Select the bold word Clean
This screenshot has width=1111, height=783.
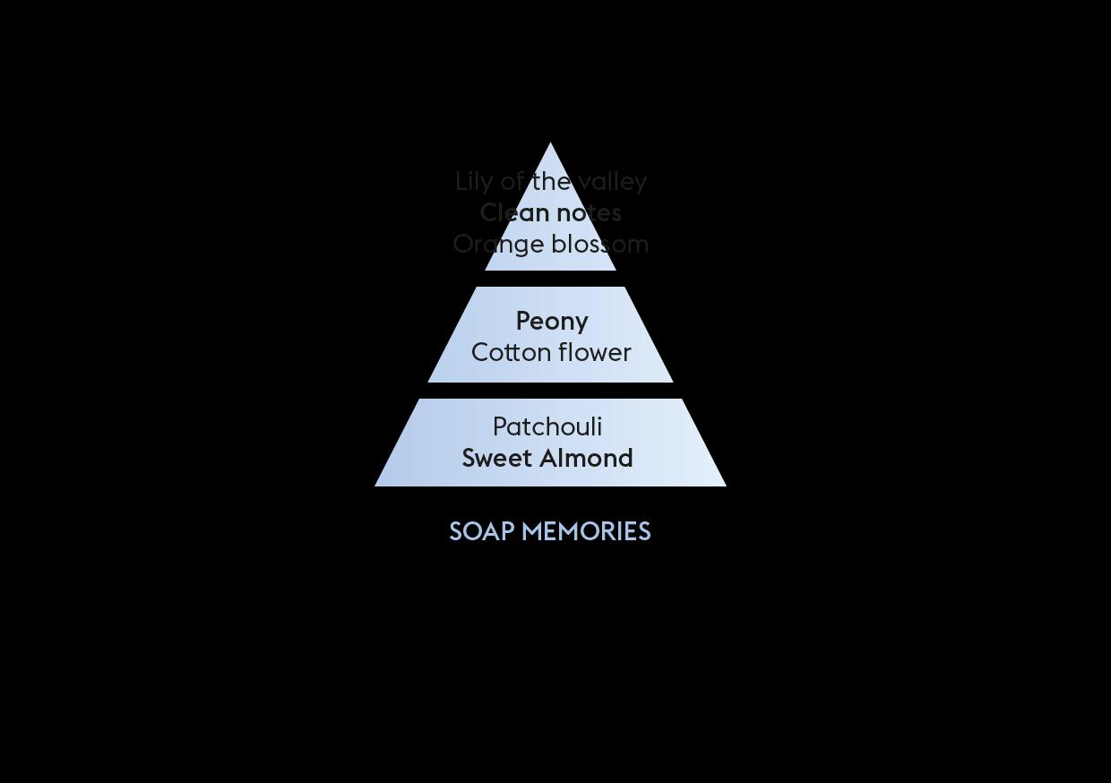click(514, 213)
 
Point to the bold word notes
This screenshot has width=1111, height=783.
click(589, 213)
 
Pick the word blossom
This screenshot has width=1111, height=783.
click(599, 245)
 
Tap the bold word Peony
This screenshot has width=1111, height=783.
click(552, 322)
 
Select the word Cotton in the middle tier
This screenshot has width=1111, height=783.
click(504, 353)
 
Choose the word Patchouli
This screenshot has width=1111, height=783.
click(547, 427)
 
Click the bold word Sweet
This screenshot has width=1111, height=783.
click(496, 459)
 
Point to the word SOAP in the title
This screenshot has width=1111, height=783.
click(481, 532)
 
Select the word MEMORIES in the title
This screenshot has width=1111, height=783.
click(586, 532)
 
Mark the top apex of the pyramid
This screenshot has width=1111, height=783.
click(550, 143)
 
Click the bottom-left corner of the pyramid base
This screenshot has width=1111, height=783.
click(376, 485)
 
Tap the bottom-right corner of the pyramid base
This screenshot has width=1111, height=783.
click(725, 485)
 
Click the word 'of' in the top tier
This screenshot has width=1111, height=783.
click(512, 182)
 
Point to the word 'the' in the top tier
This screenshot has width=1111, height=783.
click(551, 182)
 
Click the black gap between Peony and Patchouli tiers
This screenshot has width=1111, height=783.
click(550, 391)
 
